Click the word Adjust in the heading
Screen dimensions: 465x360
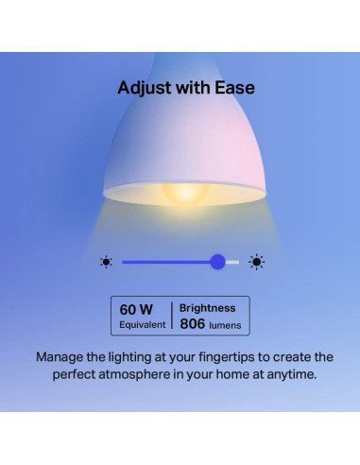pos(143,88)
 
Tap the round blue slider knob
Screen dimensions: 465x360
pos(218,262)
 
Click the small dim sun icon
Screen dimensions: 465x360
pos(106,262)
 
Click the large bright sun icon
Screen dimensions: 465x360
pos(256,262)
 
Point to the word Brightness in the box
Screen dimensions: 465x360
pos(210,308)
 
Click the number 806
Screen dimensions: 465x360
pos(192,324)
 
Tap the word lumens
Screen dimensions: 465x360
pos(226,325)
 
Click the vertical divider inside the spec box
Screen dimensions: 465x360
pos(171,316)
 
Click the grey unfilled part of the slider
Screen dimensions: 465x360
pos(232,262)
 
